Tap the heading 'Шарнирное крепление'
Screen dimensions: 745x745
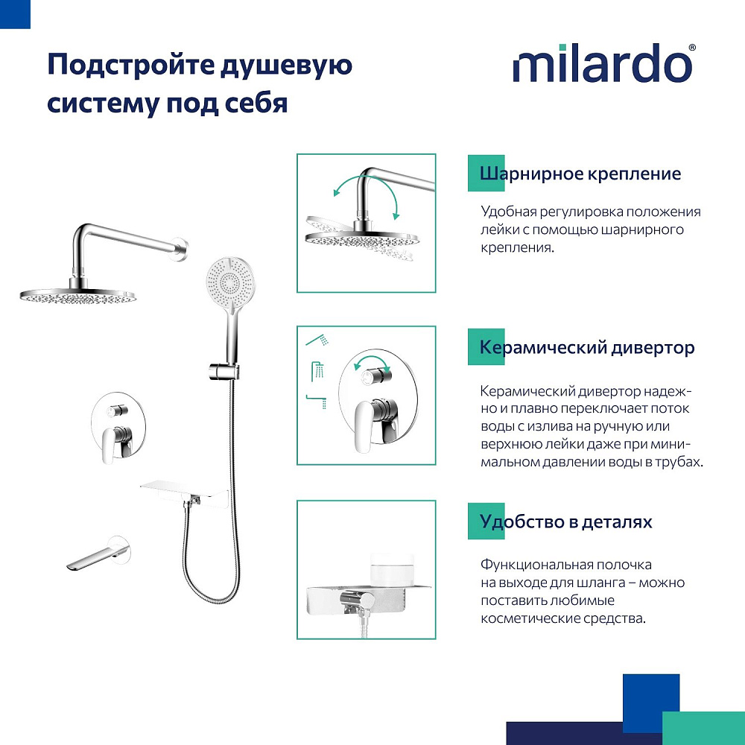point(580,174)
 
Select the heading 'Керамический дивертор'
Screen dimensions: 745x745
point(587,347)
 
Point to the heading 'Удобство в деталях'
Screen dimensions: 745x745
point(565,521)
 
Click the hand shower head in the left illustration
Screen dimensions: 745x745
point(230,282)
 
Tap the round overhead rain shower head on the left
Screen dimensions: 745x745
point(78,297)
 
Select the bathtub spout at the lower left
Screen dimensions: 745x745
point(98,554)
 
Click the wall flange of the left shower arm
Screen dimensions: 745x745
point(181,249)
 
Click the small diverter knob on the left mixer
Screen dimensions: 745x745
point(116,410)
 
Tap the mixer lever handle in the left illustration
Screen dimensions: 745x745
point(111,444)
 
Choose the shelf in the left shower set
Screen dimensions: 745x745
point(184,494)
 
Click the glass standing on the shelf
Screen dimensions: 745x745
point(392,570)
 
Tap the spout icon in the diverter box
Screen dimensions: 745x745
point(317,401)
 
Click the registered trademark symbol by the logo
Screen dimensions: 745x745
point(692,48)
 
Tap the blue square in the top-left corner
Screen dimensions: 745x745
point(15,14)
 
